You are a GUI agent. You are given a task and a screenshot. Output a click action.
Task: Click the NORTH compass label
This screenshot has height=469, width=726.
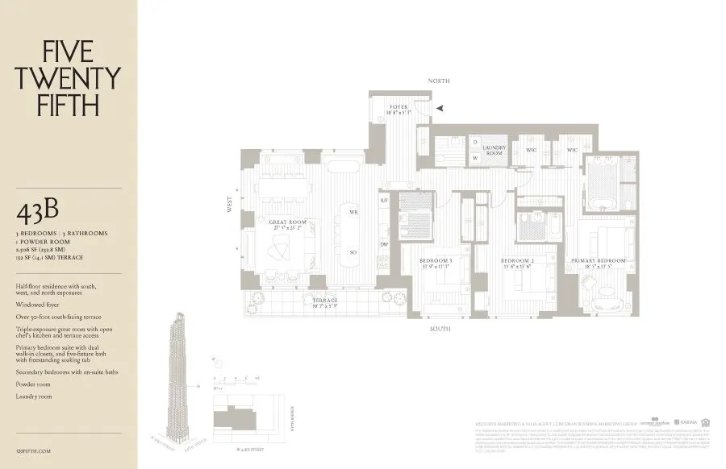(440, 81)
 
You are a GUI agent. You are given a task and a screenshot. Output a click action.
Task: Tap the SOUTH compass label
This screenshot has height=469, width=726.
(440, 329)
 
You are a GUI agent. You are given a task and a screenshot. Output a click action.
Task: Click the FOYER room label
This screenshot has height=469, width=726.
(398, 107)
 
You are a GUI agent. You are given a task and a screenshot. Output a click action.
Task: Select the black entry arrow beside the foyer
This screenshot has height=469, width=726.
(440, 107)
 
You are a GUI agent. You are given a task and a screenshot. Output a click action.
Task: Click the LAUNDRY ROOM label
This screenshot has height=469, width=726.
(494, 150)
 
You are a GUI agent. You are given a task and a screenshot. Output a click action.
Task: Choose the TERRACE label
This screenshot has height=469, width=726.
(325, 301)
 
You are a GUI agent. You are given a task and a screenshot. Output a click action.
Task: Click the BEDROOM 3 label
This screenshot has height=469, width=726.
(436, 261)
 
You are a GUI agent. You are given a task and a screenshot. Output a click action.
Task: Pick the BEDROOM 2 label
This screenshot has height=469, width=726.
(517, 261)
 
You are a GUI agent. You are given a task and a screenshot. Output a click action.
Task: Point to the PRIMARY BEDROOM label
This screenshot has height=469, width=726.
(599, 261)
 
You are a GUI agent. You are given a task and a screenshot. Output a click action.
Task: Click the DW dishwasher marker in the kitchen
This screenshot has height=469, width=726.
(385, 244)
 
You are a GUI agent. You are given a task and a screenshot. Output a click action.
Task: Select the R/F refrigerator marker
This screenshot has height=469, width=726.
(385, 199)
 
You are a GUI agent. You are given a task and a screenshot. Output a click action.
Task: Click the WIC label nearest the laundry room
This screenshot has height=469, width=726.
(532, 150)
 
